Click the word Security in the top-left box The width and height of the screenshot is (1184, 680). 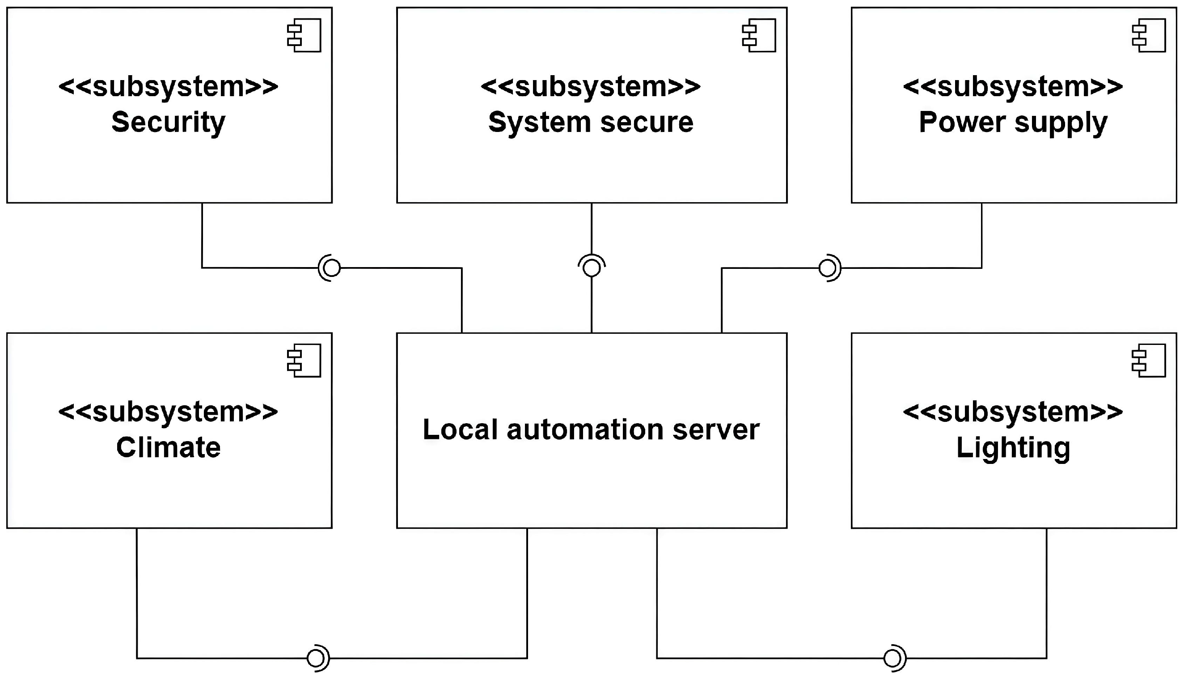(x=168, y=123)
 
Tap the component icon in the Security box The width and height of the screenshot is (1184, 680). (x=304, y=35)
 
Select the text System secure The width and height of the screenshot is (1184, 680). (x=591, y=123)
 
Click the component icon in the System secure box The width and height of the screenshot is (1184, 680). (x=759, y=35)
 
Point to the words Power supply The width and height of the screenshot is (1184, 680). (x=1013, y=123)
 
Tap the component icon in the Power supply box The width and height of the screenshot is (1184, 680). (x=1149, y=35)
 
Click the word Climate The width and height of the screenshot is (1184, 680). (x=168, y=447)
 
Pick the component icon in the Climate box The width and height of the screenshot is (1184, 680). (x=304, y=361)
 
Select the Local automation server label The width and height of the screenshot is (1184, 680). (x=591, y=429)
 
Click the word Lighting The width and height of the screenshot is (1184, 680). (x=1013, y=447)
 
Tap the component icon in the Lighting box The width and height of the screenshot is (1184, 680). (x=1149, y=361)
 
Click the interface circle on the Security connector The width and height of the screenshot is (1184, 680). (x=332, y=268)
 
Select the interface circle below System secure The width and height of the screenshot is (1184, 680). (x=592, y=268)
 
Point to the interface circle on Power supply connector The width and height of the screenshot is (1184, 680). (x=828, y=268)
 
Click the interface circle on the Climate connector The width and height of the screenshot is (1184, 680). (x=316, y=659)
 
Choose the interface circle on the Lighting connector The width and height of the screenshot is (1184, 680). (x=892, y=659)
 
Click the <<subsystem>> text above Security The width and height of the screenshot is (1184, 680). (x=168, y=87)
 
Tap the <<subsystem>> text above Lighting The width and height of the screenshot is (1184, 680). (x=1013, y=412)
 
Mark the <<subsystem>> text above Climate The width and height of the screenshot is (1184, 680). (x=168, y=412)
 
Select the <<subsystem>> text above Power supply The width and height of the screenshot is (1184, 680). (x=1013, y=87)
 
